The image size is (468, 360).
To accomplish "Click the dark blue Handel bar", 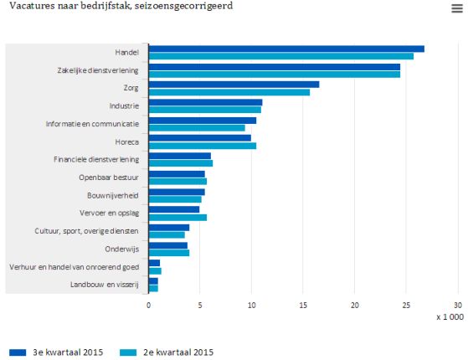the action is coord(286,49).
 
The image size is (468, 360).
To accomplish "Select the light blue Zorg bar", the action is coord(229,92).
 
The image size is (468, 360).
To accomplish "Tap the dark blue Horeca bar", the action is coord(200,138).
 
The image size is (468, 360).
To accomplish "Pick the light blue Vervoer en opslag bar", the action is coord(177,218).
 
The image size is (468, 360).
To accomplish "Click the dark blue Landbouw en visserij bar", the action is coord(153,281).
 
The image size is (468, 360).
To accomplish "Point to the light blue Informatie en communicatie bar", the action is coord(197,128).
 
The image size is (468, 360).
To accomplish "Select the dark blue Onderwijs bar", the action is coord(168,245).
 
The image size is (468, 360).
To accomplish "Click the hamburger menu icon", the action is coord(457,8).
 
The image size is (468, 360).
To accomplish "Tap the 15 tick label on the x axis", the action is coord(303,306).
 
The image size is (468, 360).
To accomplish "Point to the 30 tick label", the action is coord(458,305).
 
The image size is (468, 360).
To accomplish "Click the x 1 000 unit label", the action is coord(450,317).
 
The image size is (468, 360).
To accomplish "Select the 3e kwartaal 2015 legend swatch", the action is coord(18,352).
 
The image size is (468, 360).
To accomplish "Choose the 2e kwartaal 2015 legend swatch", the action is coord(128,352).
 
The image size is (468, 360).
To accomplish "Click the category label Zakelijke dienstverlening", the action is coord(98,70).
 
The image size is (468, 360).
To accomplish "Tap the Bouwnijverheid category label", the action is coord(113,196).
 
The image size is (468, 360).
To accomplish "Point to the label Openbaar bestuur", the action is coord(109,177).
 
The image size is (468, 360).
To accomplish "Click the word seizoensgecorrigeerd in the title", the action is coord(183,6).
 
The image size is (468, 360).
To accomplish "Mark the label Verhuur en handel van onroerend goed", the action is coord(74,267).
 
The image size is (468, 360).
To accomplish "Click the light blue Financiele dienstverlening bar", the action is coord(181,163).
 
